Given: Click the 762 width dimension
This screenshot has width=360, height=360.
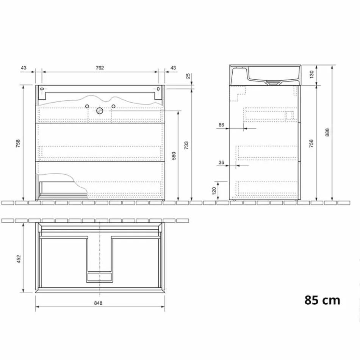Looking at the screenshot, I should pyautogui.click(x=100, y=68).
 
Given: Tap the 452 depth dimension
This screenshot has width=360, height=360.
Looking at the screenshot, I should pyautogui.click(x=19, y=258).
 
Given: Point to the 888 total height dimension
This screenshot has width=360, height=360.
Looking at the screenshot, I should pyautogui.click(x=327, y=132).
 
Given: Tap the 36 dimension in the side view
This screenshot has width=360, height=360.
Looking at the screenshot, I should pyautogui.click(x=222, y=162).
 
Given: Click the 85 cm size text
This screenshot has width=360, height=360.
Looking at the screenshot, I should pyautogui.click(x=322, y=300).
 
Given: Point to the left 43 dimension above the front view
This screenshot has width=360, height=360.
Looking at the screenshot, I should pyautogui.click(x=24, y=68).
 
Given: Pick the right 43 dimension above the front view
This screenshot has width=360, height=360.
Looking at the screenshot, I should pyautogui.click(x=173, y=68).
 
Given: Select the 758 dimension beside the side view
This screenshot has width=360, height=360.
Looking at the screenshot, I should pyautogui.click(x=311, y=143).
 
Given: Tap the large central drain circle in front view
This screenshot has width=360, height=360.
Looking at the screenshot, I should pyautogui.click(x=100, y=111).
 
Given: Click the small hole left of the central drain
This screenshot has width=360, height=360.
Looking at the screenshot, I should pyautogui.click(x=87, y=106).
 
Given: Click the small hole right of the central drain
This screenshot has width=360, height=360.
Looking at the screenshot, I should pyautogui.click(x=113, y=106).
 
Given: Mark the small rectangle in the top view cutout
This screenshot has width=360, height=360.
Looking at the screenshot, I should pyautogui.click(x=100, y=277).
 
